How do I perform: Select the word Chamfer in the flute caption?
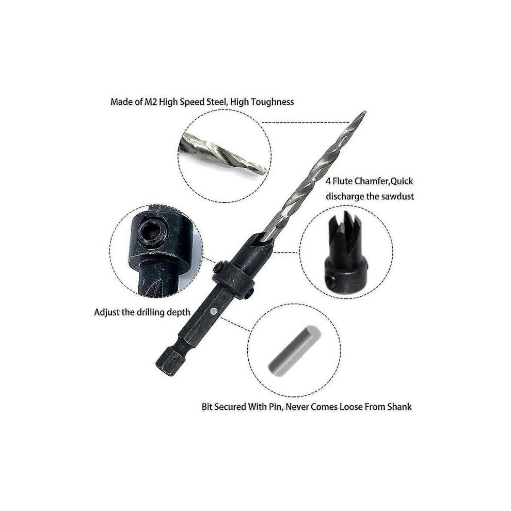point(372,181)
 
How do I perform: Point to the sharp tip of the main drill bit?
point(364,112)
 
